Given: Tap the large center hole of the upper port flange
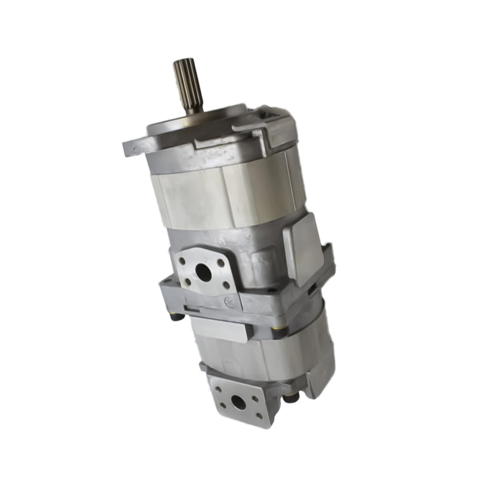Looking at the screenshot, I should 205,274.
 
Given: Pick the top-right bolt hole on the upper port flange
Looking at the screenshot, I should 220,263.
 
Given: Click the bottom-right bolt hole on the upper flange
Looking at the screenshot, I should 226,285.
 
